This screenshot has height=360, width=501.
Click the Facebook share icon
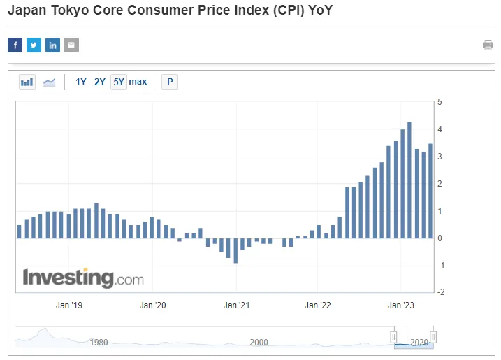point(15,45)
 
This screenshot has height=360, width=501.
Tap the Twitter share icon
point(34,45)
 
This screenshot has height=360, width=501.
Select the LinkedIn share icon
point(52,45)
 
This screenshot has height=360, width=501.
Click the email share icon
point(71,45)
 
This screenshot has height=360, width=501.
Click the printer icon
point(488,45)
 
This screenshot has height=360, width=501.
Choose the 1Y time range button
point(81,82)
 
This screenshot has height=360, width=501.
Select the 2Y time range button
point(100,82)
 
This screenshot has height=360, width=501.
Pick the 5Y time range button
point(119,82)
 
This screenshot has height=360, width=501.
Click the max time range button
point(138,82)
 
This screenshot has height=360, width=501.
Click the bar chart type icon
point(27,82)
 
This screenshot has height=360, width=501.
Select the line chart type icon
point(49,82)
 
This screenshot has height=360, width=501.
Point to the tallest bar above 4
point(409,180)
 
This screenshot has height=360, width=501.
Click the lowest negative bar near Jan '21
point(235,250)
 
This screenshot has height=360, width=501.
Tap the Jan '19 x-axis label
point(69,305)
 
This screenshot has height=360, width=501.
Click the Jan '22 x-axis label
point(317,305)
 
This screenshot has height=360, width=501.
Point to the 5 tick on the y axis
point(440,102)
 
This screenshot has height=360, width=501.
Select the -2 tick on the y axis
point(440,292)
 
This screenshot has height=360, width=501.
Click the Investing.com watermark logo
point(83,278)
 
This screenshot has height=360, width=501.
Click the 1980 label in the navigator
point(99,343)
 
